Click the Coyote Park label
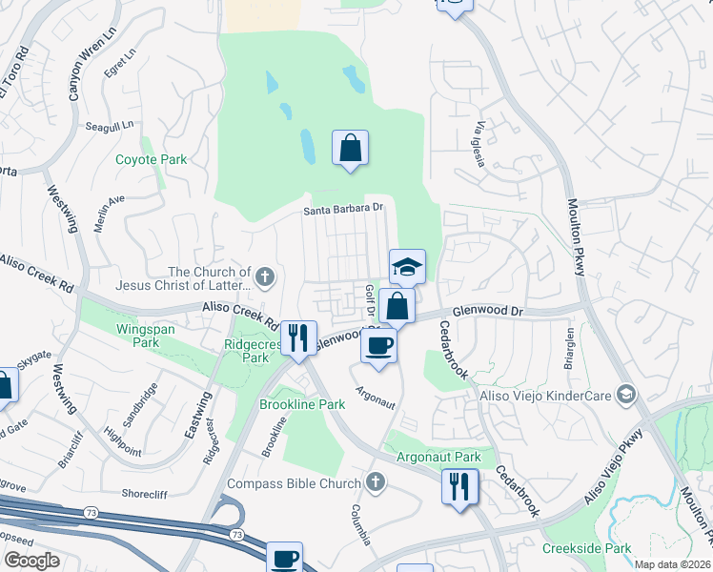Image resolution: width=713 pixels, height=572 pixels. pyautogui.click(x=152, y=160)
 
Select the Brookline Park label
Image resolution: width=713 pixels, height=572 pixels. pyautogui.click(x=302, y=404)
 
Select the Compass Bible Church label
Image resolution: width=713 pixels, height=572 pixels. pyautogui.click(x=295, y=483)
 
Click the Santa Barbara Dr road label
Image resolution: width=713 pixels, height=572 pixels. pyautogui.click(x=343, y=210)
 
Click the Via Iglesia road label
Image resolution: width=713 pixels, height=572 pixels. pyautogui.click(x=480, y=144)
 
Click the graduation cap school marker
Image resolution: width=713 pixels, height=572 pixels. pyautogui.click(x=407, y=267)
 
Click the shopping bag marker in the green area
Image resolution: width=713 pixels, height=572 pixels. pyautogui.click(x=350, y=148)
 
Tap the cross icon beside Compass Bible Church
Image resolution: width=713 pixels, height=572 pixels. pyautogui.click(x=376, y=483)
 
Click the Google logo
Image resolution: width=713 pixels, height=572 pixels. pyautogui.click(x=32, y=561)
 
